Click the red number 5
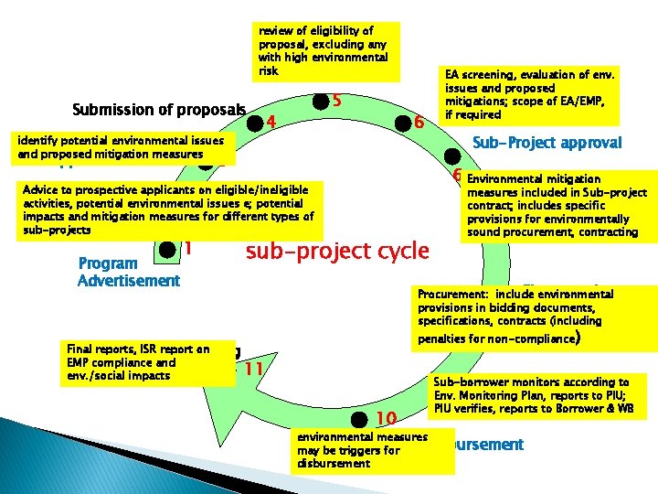point(336,100)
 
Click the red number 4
point(271,120)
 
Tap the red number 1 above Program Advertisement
point(187,248)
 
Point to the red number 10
point(386,419)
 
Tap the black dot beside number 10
point(367,418)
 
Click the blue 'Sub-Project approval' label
point(547,142)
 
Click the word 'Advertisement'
point(129,280)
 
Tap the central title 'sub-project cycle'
point(337,250)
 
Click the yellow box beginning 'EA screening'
point(529,94)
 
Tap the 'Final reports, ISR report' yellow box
point(138,361)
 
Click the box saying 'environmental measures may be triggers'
point(376,450)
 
